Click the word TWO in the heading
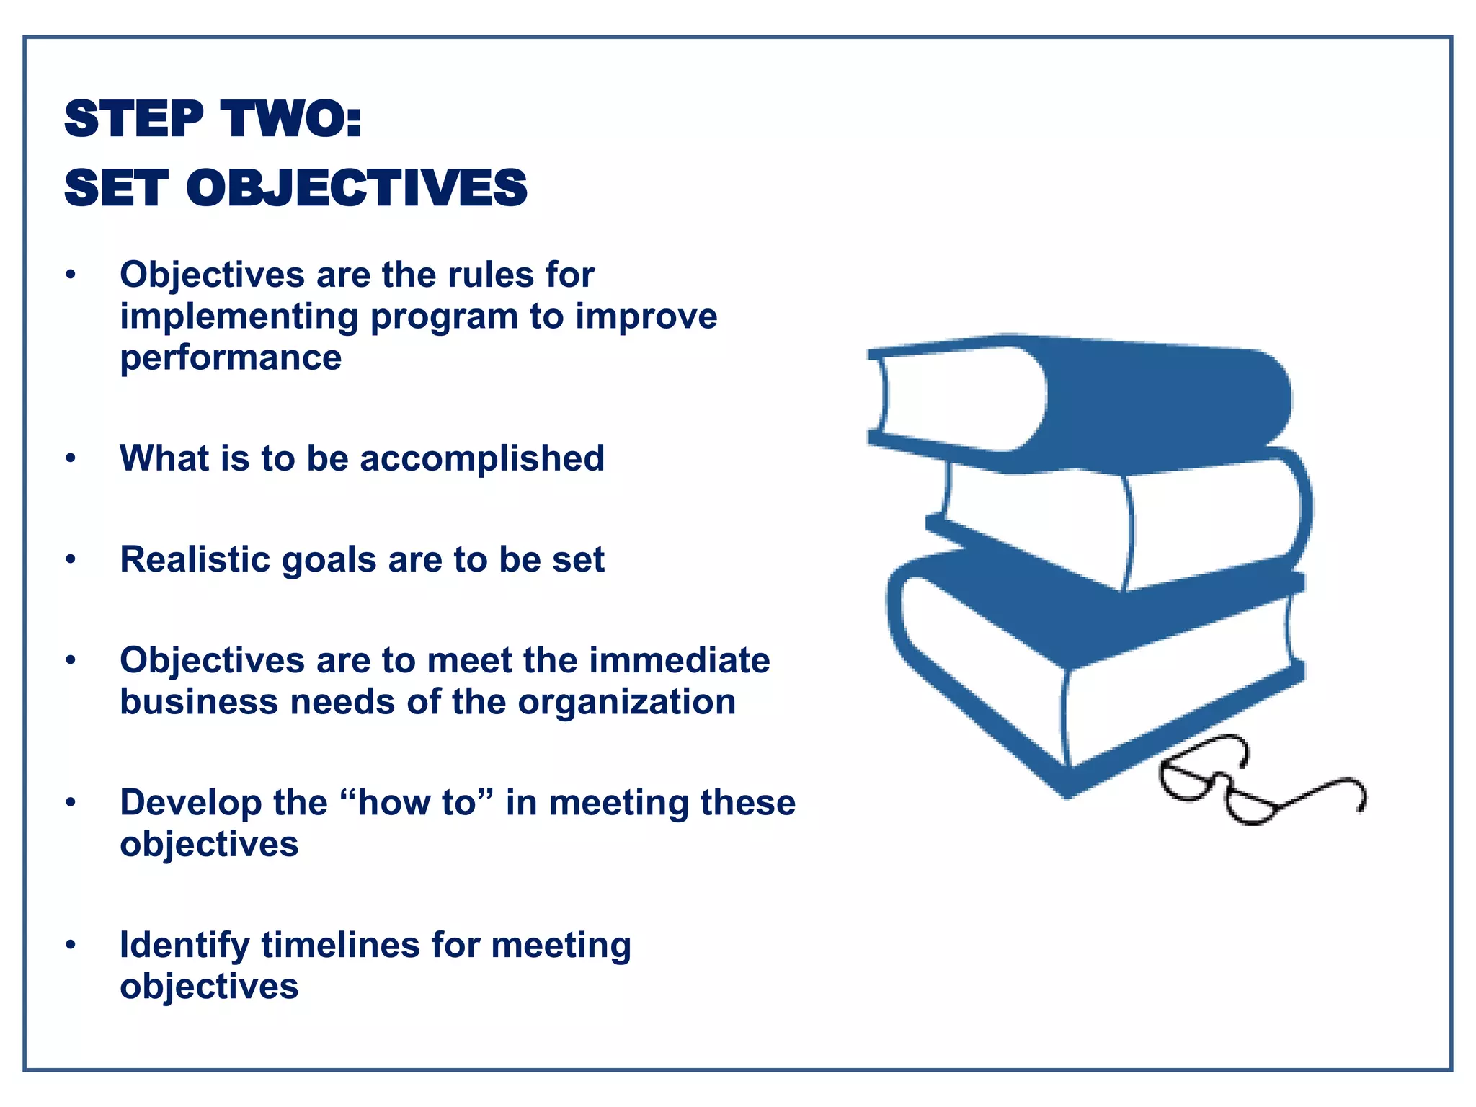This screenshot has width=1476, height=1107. [x=291, y=119]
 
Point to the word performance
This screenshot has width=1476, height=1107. [x=231, y=358]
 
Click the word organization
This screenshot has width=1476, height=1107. [x=626, y=703]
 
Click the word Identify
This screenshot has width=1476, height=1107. [x=184, y=946]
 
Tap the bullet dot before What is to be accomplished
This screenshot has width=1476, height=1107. [x=70, y=458]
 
